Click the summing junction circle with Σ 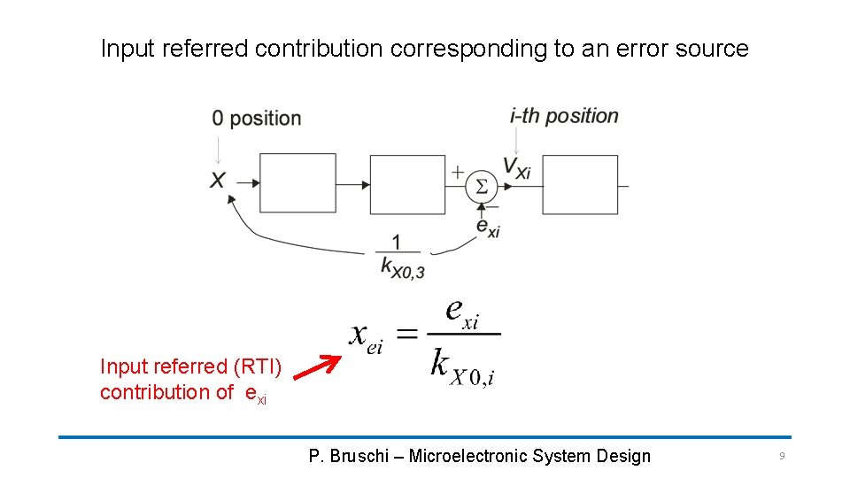coord(481,186)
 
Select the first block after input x coord(297,183)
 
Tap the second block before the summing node coord(406,184)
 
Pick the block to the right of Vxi coord(579,184)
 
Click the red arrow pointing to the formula coord(316,368)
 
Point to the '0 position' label coord(256,119)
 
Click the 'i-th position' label coord(564,116)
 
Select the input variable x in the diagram coord(217,181)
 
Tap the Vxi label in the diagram coord(516,167)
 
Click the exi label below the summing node coord(488,227)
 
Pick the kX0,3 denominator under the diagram coord(402,266)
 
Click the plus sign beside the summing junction coord(458,172)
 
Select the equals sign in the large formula coord(406,334)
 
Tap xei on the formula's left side coord(366,336)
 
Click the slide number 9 coord(781,456)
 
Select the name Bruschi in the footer coord(359,457)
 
